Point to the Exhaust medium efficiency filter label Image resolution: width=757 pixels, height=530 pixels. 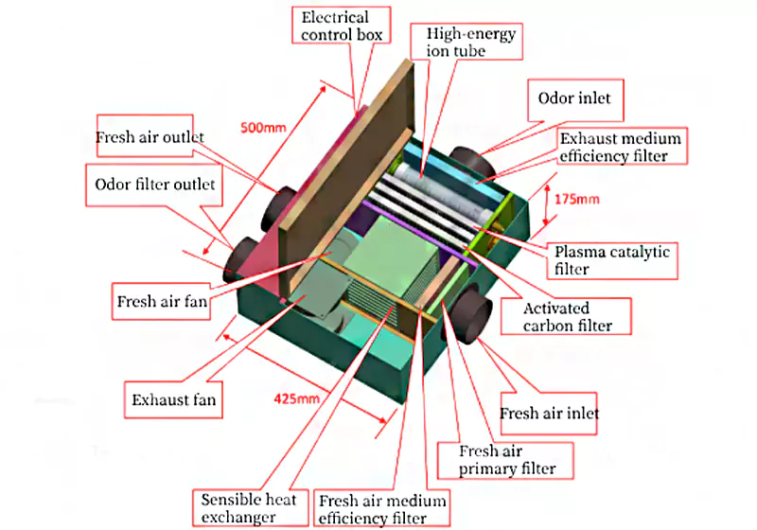tap(620, 147)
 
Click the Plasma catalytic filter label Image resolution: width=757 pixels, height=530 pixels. tap(614, 260)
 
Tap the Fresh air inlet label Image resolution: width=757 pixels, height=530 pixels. tap(549, 414)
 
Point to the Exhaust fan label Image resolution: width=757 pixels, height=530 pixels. tap(173, 400)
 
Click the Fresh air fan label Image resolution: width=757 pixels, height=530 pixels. tap(161, 304)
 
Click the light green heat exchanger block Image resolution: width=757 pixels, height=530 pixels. tap(389, 255)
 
